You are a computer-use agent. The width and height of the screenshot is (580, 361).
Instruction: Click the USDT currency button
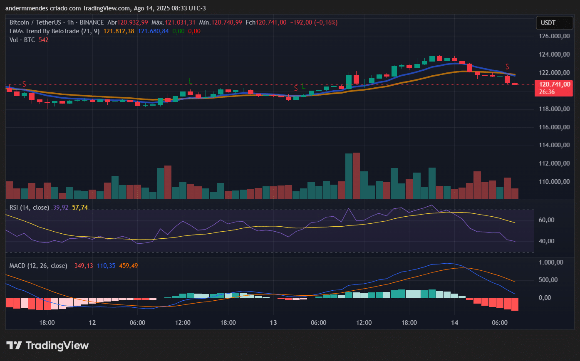coord(548,23)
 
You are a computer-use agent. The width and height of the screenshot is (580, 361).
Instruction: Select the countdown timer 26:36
coord(547,91)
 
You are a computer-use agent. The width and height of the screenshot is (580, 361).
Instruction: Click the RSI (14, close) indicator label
coord(29,208)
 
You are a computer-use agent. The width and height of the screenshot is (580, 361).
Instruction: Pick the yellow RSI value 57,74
coord(80,208)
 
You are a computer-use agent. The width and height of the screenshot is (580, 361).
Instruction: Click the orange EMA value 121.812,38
coord(119,31)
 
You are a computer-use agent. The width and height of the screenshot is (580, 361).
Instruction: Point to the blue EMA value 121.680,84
coord(153,31)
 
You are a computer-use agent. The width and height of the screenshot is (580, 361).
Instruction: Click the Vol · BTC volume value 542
coord(43,40)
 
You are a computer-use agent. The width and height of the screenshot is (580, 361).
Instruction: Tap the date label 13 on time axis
coord(273,323)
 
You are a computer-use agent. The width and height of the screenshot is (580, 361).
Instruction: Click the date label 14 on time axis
coord(454,323)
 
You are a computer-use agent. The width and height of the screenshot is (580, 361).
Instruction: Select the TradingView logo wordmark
coord(48,346)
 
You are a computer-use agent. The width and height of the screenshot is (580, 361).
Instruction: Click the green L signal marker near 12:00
coord(190,80)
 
